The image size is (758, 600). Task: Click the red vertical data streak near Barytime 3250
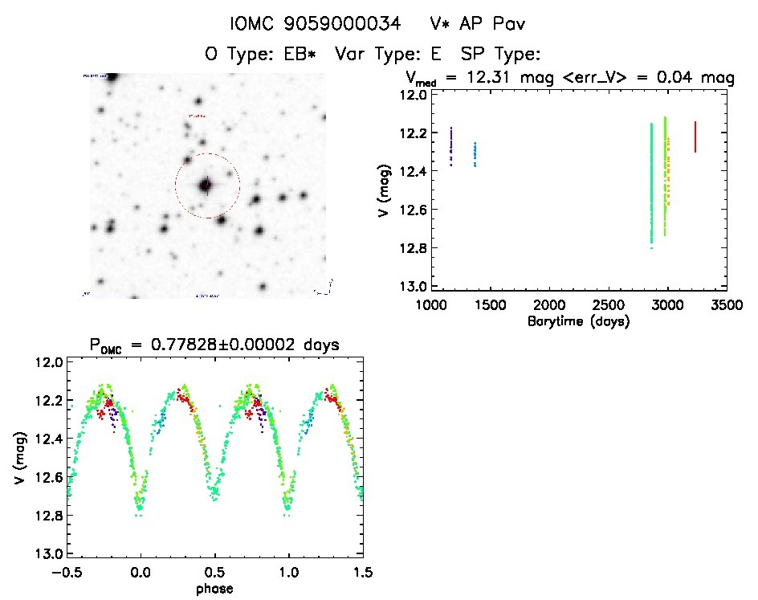695,137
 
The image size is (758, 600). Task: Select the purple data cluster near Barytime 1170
451,146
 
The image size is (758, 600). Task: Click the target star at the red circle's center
206,186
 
